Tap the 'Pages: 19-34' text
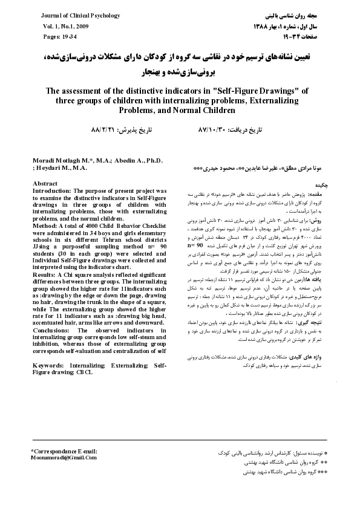pyautogui.click(x=59, y=37)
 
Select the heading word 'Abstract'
pyautogui.click(x=45, y=183)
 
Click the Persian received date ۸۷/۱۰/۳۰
pyautogui.click(x=212, y=130)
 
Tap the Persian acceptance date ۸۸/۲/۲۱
pyautogui.click(x=103, y=130)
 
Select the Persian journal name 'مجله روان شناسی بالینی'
pyautogui.click(x=295, y=15)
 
